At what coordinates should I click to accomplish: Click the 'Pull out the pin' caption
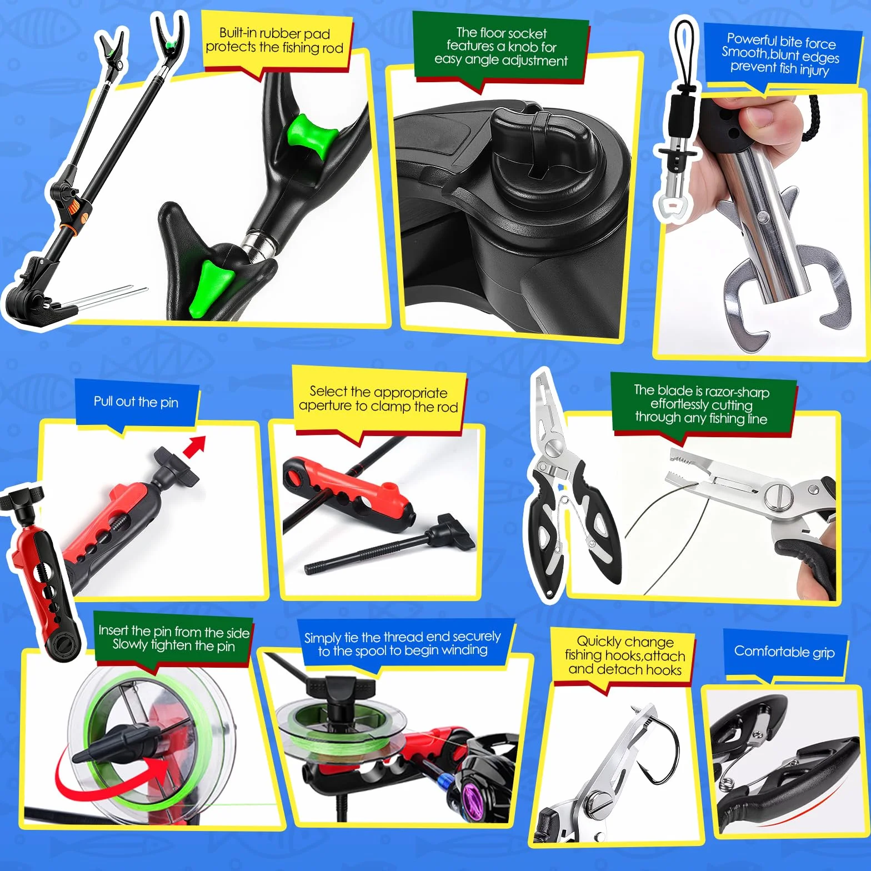point(136,402)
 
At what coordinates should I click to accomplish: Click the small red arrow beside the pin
point(194,446)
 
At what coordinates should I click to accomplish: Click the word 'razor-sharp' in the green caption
point(737,392)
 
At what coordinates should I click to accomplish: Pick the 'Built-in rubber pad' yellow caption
point(274,41)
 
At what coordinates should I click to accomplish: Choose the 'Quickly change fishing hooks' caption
point(625,655)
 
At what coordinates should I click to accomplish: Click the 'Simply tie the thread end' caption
point(403,643)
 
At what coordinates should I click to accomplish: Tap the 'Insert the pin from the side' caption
point(174,638)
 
